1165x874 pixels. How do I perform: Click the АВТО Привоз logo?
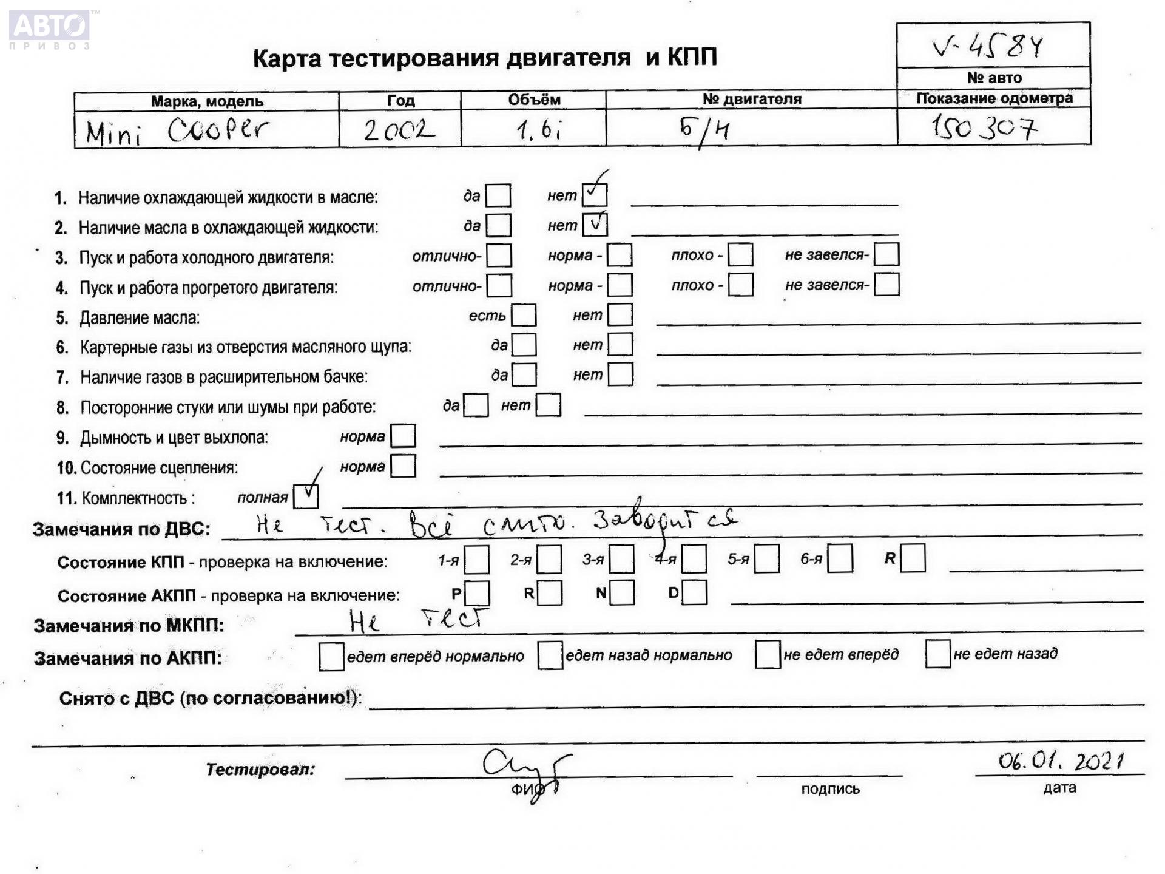pyautogui.click(x=50, y=29)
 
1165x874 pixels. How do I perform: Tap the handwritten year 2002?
pyautogui.click(x=398, y=129)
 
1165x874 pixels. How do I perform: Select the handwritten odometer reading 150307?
pyautogui.click(x=984, y=127)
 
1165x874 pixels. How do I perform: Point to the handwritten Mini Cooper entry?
pyautogui.click(x=176, y=130)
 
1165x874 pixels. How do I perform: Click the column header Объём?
pyautogui.click(x=533, y=100)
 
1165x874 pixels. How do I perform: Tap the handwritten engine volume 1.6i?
pyautogui.click(x=538, y=130)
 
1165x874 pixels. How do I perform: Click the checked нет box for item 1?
pyautogui.click(x=594, y=195)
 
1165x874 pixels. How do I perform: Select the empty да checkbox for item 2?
pyautogui.click(x=499, y=225)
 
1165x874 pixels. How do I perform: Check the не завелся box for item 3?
pyautogui.click(x=886, y=254)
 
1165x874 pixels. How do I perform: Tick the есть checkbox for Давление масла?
pyautogui.click(x=524, y=315)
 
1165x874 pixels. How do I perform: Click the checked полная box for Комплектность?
pyautogui.click(x=305, y=496)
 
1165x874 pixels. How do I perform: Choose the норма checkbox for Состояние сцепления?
pyautogui.click(x=403, y=466)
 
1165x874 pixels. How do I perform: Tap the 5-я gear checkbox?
pyautogui.click(x=767, y=559)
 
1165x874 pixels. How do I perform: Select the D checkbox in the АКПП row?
pyautogui.click(x=694, y=592)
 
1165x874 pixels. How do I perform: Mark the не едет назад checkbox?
pyautogui.click(x=937, y=654)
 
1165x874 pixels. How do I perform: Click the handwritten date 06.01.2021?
pyautogui.click(x=1061, y=761)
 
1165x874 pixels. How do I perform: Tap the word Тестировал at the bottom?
pyautogui.click(x=260, y=770)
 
